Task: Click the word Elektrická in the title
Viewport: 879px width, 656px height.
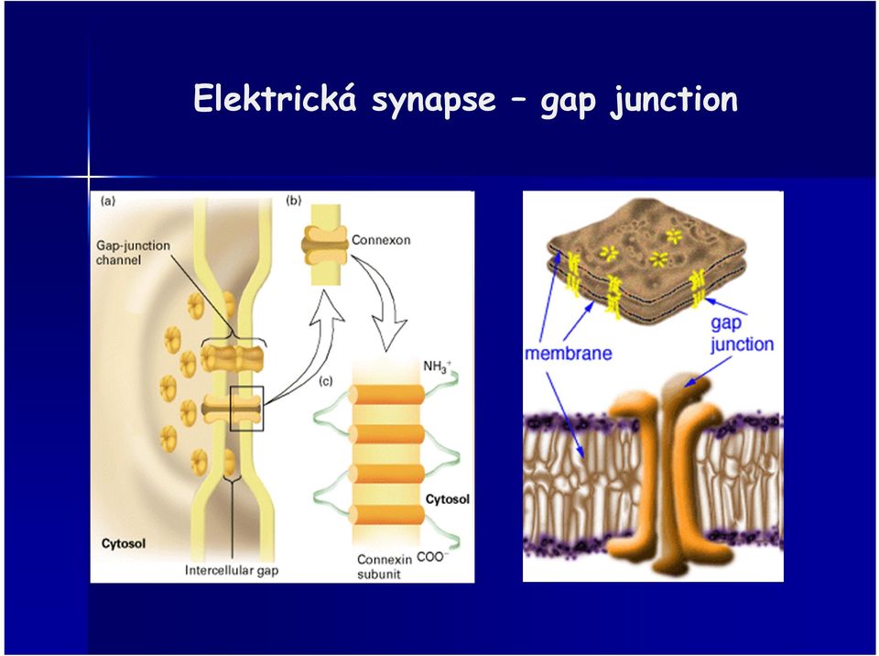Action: coord(275,98)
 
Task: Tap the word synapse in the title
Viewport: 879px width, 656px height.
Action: coord(434,101)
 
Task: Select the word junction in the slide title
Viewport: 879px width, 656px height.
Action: coord(675,101)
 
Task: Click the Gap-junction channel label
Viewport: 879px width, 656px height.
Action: coord(133,253)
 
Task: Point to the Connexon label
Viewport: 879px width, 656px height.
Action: coord(381,240)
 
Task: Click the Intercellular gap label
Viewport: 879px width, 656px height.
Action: coord(232,571)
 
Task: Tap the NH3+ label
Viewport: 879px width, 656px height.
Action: coord(438,367)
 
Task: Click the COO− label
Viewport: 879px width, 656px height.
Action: coord(433,557)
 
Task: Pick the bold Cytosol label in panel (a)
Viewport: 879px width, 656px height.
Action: coord(124,543)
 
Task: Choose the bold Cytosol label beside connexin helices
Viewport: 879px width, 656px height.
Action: coord(448,499)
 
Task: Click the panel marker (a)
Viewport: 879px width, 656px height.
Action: coord(107,201)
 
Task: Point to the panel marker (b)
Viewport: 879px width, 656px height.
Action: coord(294,200)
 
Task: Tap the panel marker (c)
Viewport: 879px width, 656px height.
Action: coord(326,381)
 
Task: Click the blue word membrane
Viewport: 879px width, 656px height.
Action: coord(569,353)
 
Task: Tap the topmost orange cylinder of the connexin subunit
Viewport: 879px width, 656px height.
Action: coord(386,395)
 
